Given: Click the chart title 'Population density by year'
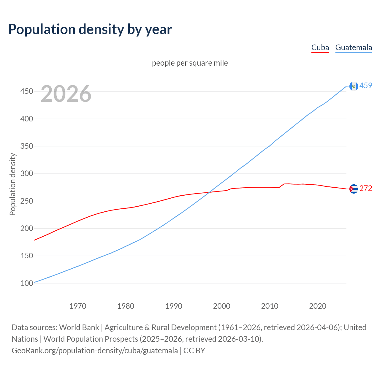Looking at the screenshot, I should click(x=90, y=29).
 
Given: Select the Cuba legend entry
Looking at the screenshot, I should click(x=320, y=47).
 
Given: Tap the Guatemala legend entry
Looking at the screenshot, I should click(x=353, y=47).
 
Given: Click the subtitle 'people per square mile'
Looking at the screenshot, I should click(x=190, y=63).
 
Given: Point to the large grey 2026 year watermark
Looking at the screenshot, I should click(x=66, y=94).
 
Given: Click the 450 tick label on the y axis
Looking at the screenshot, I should click(x=26, y=91).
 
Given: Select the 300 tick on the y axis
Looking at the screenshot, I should click(x=26, y=173).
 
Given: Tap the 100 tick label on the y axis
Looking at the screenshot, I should click(x=26, y=283).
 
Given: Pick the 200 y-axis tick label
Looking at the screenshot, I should click(x=26, y=228).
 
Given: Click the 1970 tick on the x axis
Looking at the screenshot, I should click(x=78, y=306).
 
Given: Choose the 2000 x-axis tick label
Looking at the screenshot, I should click(x=222, y=306).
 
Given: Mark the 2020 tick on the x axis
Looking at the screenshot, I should click(x=318, y=306).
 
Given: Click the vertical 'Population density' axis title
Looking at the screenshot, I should click(x=12, y=184).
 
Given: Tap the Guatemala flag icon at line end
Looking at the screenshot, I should click(x=354, y=86).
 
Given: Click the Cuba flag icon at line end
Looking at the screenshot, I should click(x=354, y=189).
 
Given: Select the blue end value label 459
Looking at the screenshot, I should click(x=366, y=86).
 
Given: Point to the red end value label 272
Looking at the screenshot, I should click(x=366, y=189).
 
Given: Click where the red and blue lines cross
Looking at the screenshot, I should click(x=209, y=192).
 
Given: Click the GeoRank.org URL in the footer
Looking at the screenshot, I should click(x=95, y=351).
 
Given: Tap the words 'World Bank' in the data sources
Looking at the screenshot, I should click(x=79, y=327).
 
